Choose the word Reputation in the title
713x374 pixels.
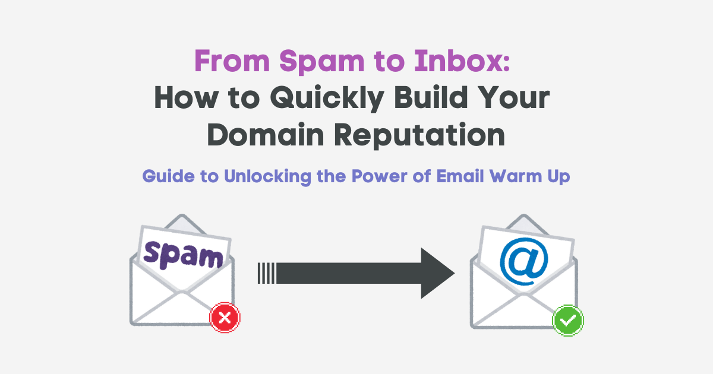419,136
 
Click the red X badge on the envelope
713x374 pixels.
225,319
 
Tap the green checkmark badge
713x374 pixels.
569,321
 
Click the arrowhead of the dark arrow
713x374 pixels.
437,273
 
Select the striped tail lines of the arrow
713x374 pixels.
266,273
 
